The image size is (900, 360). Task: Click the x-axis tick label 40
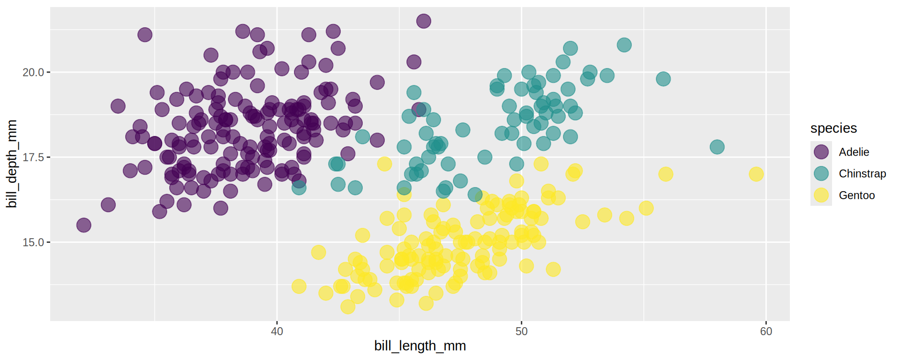(x=277, y=331)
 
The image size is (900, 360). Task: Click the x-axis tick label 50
(x=521, y=331)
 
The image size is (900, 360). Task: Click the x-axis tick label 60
(x=766, y=331)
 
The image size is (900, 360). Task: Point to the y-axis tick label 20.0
(x=33, y=72)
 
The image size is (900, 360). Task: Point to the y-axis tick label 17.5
(x=33, y=157)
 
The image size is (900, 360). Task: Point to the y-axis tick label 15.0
(x=33, y=242)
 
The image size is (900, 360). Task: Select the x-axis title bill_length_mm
(x=420, y=346)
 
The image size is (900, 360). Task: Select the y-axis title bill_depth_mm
(x=12, y=164)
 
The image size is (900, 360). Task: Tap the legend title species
(x=833, y=128)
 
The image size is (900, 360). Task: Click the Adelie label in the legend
(x=854, y=152)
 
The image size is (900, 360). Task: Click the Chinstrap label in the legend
(x=862, y=173)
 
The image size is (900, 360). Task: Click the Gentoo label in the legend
(x=856, y=195)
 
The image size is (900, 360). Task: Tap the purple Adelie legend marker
(x=821, y=152)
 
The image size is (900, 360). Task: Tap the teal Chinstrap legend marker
(x=821, y=173)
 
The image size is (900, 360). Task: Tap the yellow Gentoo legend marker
(x=821, y=195)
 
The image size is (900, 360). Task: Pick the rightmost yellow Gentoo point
(x=756, y=174)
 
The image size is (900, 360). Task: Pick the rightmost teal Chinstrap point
(x=717, y=147)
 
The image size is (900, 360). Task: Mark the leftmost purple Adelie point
(x=83, y=225)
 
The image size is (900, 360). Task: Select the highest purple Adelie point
(x=424, y=21)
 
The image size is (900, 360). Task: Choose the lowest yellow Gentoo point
(x=347, y=307)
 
